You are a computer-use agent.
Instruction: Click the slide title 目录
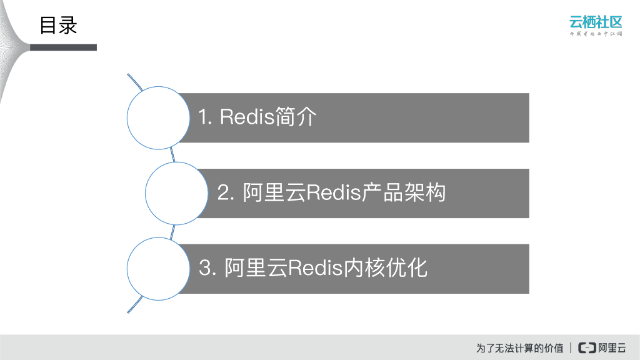click(58, 26)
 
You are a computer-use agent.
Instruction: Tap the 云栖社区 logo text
click(596, 21)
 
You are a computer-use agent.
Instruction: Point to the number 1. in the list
click(206, 117)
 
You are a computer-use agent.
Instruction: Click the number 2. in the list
click(226, 193)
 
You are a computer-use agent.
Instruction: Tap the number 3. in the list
click(207, 268)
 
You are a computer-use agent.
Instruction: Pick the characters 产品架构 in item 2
click(404, 193)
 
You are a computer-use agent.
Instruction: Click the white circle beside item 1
click(159, 117)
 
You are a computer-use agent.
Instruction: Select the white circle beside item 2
click(177, 193)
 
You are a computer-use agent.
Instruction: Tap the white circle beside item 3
click(159, 268)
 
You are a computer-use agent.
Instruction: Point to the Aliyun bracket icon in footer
click(587, 347)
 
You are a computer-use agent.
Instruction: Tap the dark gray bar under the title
click(63, 47)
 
